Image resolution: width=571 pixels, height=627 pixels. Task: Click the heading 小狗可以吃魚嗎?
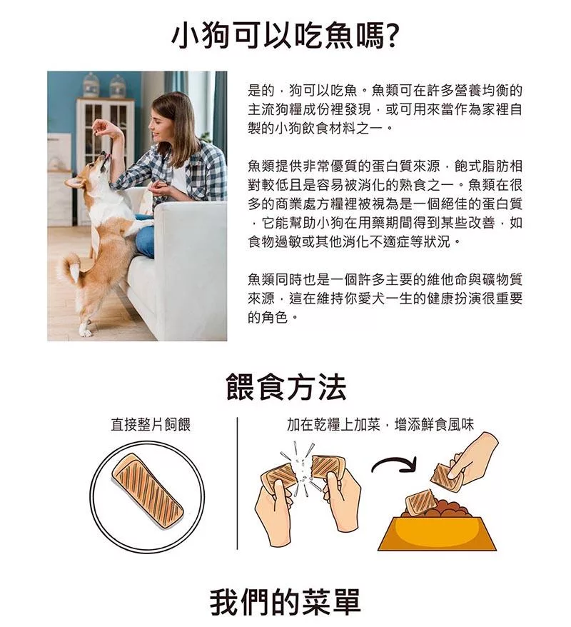(285, 36)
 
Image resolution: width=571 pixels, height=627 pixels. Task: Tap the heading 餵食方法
(285, 386)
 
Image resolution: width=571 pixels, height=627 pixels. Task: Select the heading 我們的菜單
(285, 601)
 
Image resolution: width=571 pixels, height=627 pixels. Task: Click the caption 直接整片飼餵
(151, 424)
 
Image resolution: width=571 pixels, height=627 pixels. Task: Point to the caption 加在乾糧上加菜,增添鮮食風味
(380, 424)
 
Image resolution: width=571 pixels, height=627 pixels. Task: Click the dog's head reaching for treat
(90, 170)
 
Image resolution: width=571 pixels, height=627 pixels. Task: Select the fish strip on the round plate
(147, 491)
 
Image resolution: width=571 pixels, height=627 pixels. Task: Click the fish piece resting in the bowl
(418, 502)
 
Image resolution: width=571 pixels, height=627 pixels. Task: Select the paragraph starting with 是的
(385, 109)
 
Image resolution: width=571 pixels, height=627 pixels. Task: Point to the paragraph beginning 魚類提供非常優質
(385, 204)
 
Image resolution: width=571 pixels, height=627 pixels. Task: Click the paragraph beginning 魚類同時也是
(385, 299)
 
